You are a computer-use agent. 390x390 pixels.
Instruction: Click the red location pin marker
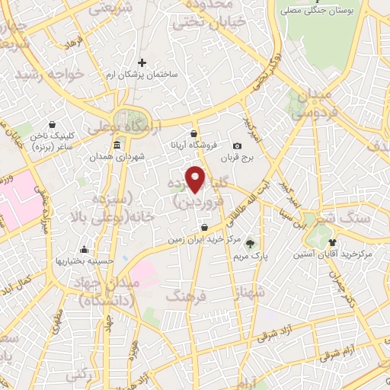pos(197,178)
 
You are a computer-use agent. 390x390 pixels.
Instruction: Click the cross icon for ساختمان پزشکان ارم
pos(142,62)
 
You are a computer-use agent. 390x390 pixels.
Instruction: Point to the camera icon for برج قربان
pos(237,146)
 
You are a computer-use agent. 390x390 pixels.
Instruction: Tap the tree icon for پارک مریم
pos(251,243)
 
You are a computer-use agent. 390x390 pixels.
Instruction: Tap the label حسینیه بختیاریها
pos(84,261)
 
